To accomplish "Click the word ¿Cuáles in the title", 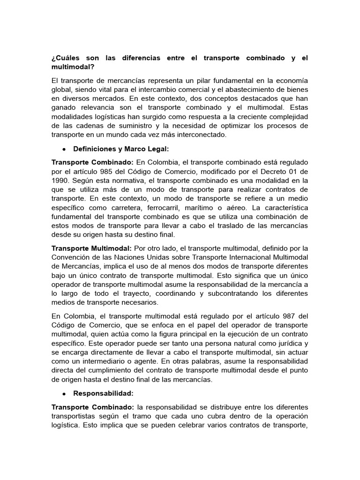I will click(65, 58).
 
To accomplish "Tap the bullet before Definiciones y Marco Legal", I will click(63, 149).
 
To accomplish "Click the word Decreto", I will click(270, 171).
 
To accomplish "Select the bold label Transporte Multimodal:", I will click(91, 248).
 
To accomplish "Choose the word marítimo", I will click(210, 208).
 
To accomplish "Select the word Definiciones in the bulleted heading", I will click(96, 149).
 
